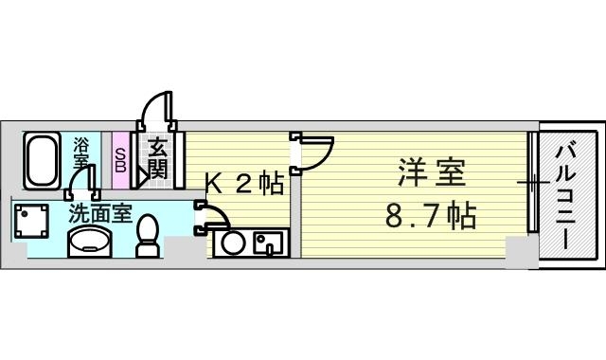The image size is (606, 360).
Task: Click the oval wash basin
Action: coord(91,242)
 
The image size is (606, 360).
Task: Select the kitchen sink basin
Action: coord(268,243)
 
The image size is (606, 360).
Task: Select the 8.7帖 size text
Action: coord(430,215)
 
